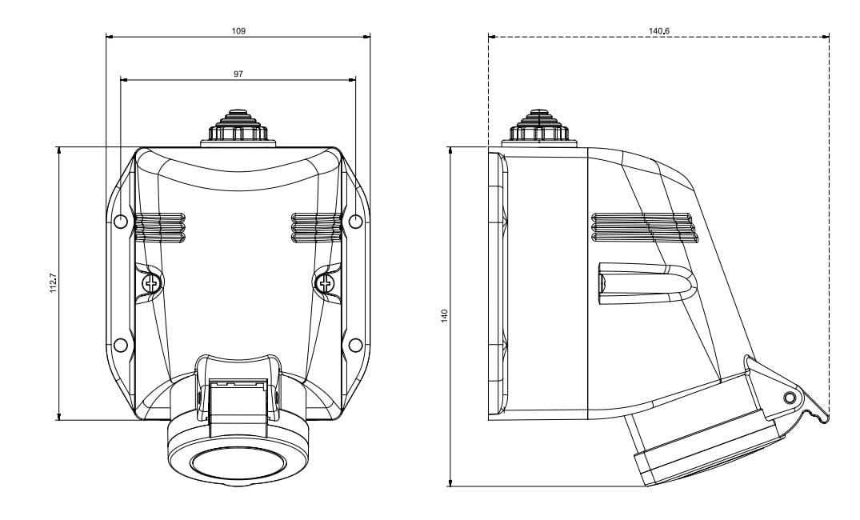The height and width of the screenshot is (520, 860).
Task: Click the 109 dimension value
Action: pyautogui.click(x=238, y=30)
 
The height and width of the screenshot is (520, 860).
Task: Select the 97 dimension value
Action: pyautogui.click(x=238, y=74)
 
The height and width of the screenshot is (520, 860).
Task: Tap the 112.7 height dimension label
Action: pyautogui.click(x=54, y=283)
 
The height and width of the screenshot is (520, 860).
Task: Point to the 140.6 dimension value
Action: pyautogui.click(x=659, y=30)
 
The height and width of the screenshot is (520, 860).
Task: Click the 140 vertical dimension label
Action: pyautogui.click(x=445, y=316)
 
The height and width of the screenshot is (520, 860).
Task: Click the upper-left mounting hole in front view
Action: pyautogui.click(x=121, y=222)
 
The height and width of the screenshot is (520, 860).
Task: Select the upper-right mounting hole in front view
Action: pyautogui.click(x=355, y=222)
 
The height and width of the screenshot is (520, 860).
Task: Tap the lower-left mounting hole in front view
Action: pyautogui.click(x=121, y=345)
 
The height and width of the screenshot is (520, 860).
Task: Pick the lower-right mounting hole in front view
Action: pyautogui.click(x=355, y=345)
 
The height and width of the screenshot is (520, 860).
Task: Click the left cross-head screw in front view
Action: pyautogui.click(x=150, y=283)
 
